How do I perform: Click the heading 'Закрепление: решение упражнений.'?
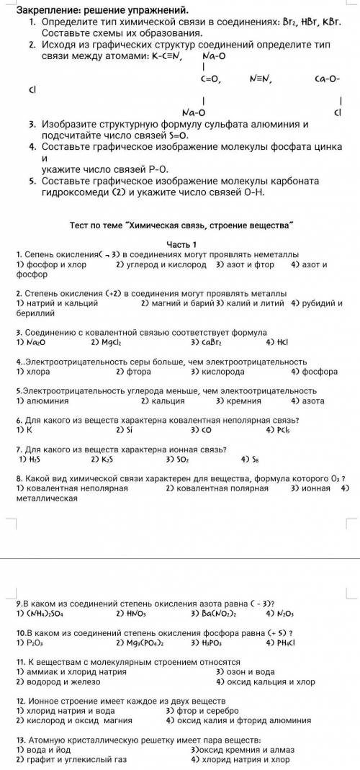click(101, 11)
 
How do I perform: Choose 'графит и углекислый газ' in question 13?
click(71, 759)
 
